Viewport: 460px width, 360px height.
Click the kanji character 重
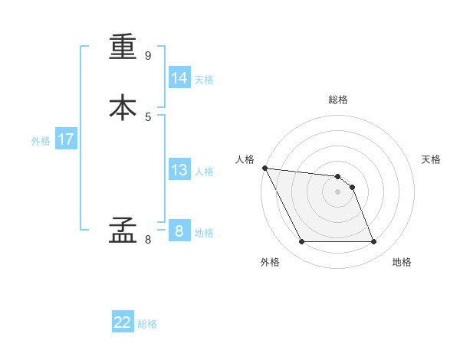(123, 48)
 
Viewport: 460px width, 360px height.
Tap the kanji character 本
(123, 107)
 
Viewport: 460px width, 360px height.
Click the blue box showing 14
(179, 78)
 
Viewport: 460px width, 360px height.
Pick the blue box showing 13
(179, 170)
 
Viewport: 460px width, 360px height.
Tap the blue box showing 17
(66, 139)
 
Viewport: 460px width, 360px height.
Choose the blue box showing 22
(123, 322)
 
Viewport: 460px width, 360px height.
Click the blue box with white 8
(179, 231)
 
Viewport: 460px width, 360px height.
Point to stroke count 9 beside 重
(148, 56)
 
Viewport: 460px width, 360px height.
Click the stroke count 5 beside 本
(148, 116)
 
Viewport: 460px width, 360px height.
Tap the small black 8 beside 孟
(148, 240)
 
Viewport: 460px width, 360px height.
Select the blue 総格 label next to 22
(148, 324)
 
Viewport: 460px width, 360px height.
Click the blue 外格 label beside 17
(41, 141)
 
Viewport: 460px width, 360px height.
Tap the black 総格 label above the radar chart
(338, 100)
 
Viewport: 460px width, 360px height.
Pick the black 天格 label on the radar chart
(431, 159)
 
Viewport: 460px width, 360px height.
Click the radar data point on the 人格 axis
(264, 168)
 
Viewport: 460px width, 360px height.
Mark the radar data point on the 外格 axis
(301, 242)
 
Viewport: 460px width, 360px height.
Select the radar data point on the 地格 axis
(374, 242)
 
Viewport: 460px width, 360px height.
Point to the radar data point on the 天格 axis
(352, 187)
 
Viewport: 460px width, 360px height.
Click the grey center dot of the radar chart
(338, 191)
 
